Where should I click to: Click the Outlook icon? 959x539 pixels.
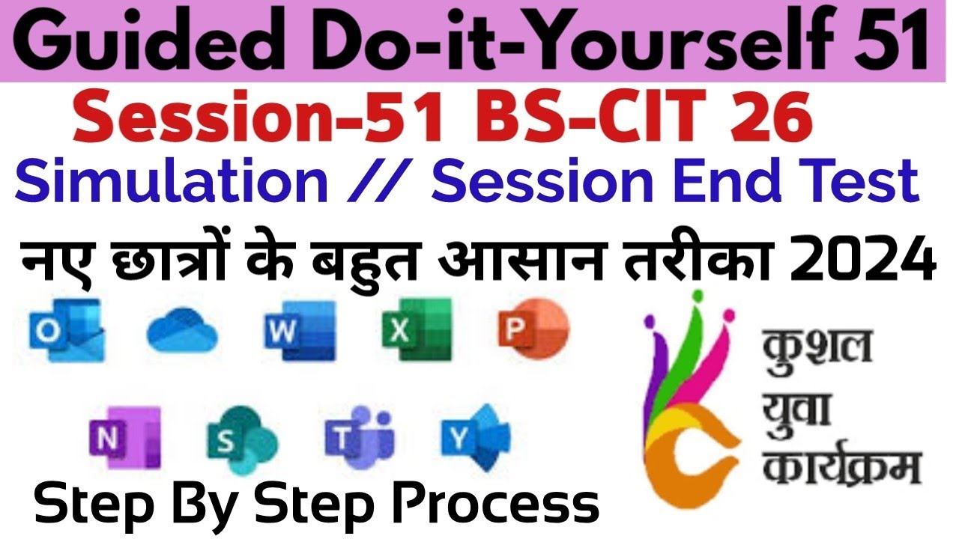click(65, 329)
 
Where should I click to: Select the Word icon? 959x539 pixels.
click(300, 329)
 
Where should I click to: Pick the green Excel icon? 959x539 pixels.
click(417, 329)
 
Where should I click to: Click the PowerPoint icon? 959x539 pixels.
click(533, 329)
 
